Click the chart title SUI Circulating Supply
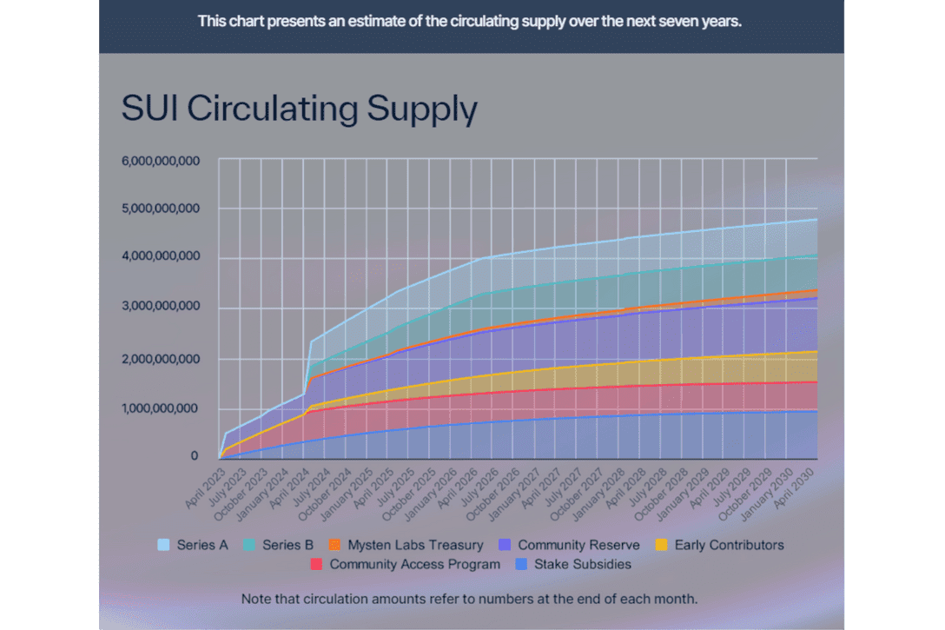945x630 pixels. (x=300, y=110)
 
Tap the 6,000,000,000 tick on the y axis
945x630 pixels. (x=161, y=161)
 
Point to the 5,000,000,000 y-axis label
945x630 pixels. (x=161, y=209)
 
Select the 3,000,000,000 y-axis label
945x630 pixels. (x=161, y=307)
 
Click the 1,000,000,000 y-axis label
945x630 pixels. (x=161, y=408)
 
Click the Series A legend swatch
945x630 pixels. (x=163, y=545)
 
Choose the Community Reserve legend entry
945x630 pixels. (x=570, y=545)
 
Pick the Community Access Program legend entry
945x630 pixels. (x=405, y=564)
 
